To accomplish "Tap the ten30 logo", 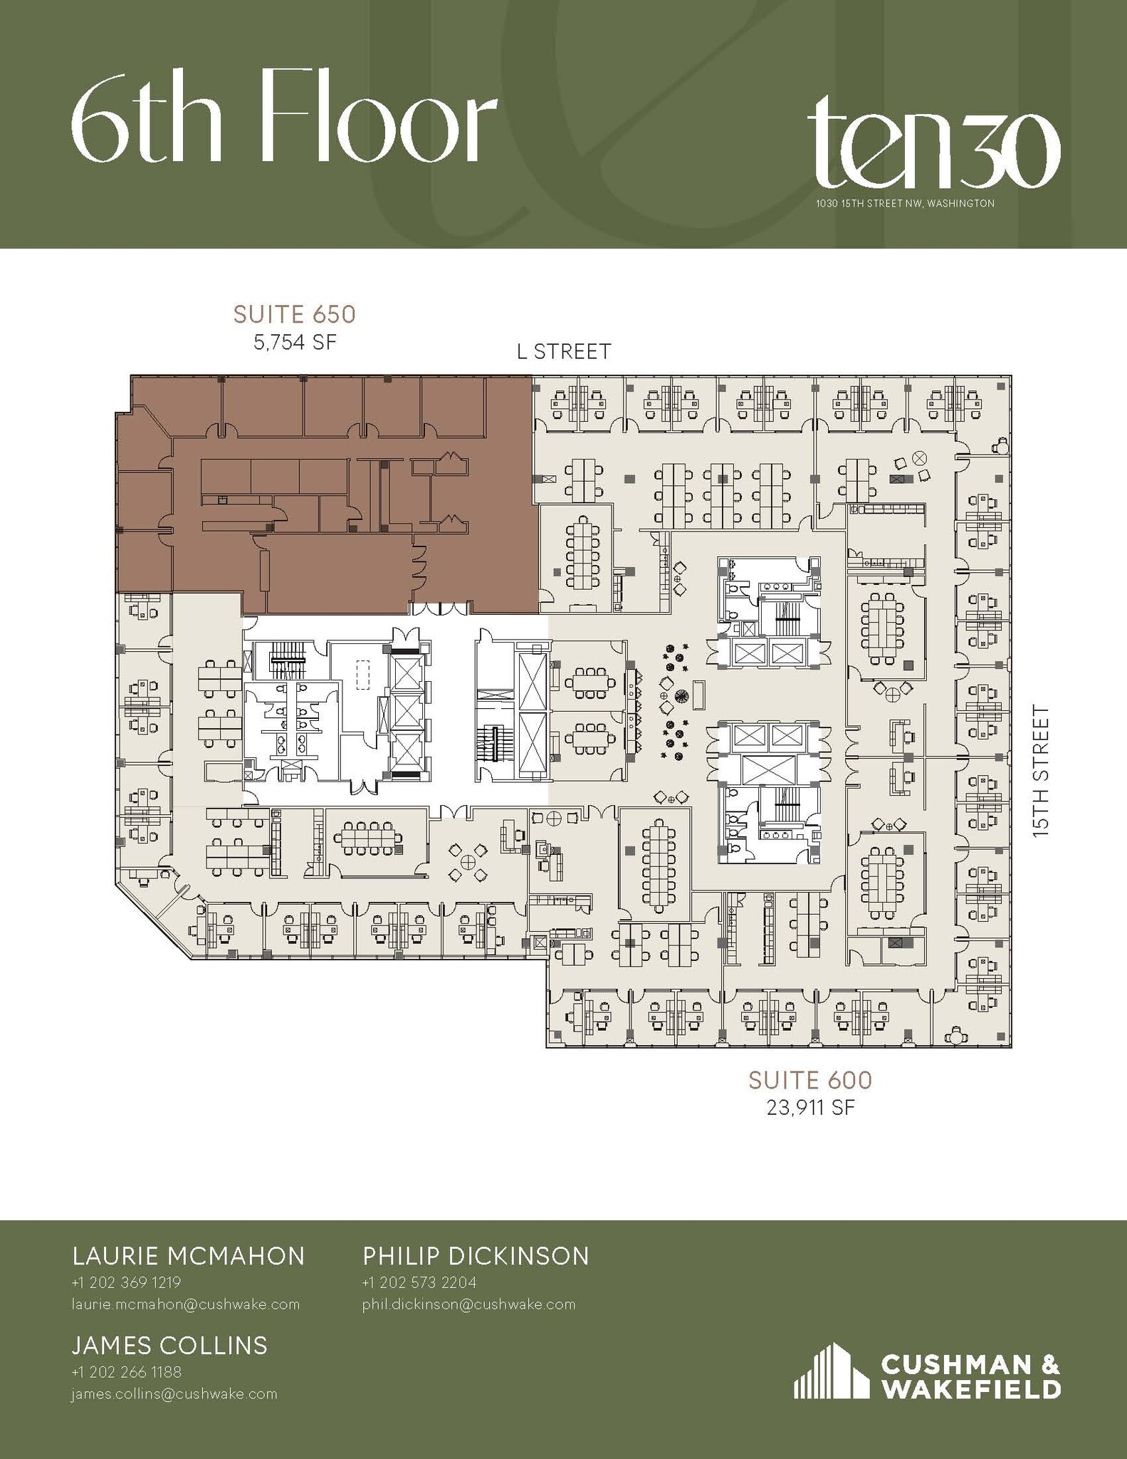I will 933,147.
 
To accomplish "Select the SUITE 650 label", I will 294,314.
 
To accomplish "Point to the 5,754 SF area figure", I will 294,343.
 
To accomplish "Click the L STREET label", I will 563,352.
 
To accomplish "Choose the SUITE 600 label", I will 809,1081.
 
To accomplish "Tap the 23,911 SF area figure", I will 809,1108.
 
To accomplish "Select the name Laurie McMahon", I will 189,1256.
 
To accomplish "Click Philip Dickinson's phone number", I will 419,1282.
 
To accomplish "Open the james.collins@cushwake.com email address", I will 174,1394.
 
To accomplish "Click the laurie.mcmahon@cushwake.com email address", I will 185,1304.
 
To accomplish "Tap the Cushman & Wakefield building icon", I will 830,1371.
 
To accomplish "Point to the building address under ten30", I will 904,204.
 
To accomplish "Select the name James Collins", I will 169,1346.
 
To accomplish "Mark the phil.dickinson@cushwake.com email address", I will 468,1304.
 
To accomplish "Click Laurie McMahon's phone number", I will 126,1282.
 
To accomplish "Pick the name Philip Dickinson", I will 476,1256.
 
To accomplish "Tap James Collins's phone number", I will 126,1372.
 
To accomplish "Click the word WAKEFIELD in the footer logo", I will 971,1389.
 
